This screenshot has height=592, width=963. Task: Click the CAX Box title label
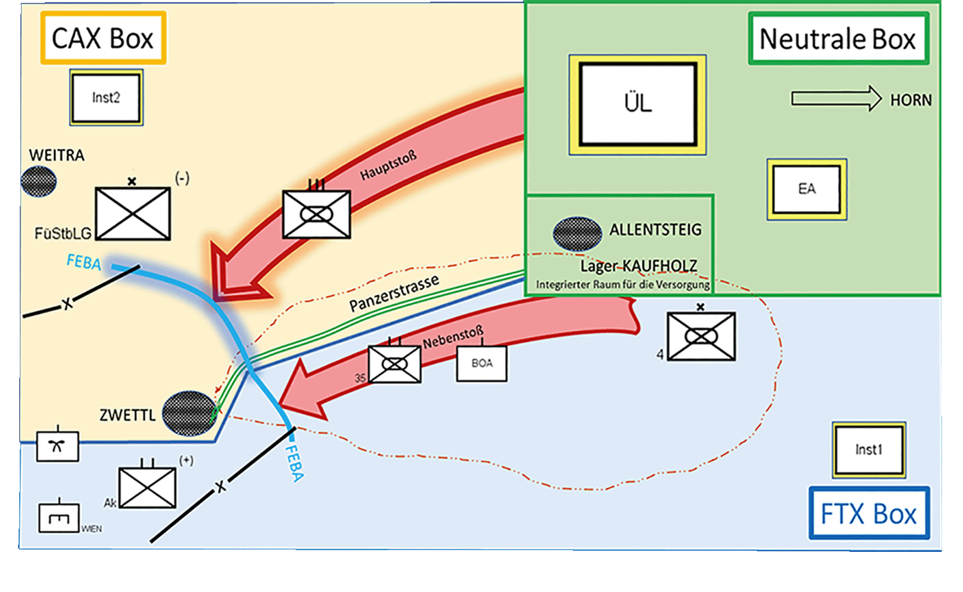tap(103, 38)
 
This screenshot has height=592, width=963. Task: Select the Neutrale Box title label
tap(838, 39)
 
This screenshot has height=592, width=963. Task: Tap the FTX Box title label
tap(869, 514)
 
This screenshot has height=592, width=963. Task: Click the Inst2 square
tap(106, 98)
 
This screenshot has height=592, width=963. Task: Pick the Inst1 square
tap(869, 450)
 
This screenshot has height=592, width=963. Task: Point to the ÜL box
tap(638, 104)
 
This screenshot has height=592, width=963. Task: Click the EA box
tap(807, 189)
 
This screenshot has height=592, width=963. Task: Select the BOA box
tap(481, 364)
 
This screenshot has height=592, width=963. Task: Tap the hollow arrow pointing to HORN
tap(836, 98)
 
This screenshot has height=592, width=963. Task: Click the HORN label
tap(911, 101)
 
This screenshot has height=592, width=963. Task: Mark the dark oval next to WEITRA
tap(38, 182)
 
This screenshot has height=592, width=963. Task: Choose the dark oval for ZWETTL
tap(189, 413)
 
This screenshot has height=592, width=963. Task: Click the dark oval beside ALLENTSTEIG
tap(577, 233)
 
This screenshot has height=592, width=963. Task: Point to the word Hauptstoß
tap(388, 165)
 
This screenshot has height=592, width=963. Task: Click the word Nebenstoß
tap(453, 338)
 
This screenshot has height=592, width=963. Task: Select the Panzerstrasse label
tap(394, 293)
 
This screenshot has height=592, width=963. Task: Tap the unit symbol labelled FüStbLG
tap(133, 214)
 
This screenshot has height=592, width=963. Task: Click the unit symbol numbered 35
tap(395, 364)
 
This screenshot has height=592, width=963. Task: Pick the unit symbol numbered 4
tap(701, 336)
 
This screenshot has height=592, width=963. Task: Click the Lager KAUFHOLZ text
tap(639, 266)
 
